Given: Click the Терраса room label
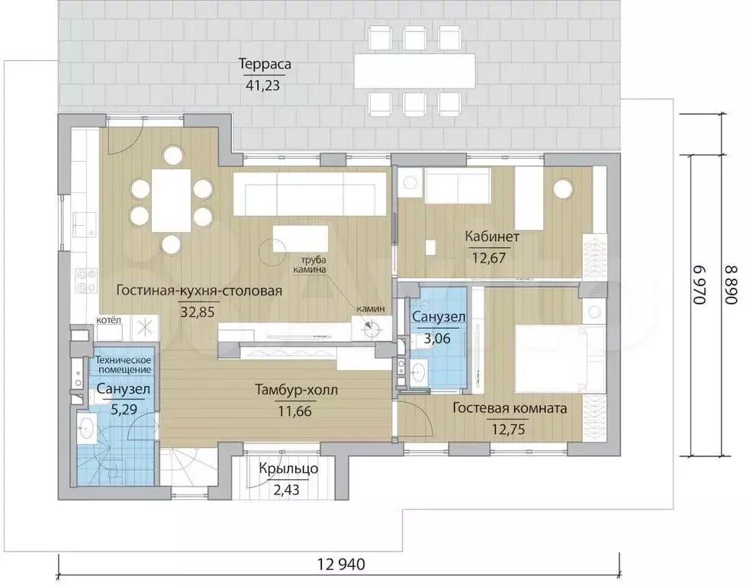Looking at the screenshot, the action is [x=265, y=64].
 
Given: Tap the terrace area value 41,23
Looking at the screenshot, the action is [x=262, y=85].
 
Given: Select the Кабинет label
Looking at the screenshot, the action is [x=492, y=237].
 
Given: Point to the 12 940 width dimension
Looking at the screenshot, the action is [x=341, y=565].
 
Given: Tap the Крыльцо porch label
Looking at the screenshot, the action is [x=288, y=469].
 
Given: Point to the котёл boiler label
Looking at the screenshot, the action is [x=109, y=320].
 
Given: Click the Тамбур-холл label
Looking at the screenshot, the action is [x=297, y=391].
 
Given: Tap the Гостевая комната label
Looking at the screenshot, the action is [x=510, y=408].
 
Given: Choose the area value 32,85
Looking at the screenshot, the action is [x=198, y=312].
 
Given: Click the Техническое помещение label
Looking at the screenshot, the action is [x=124, y=365].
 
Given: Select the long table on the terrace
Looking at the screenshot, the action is [x=415, y=70].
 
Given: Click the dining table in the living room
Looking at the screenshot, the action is [x=172, y=201].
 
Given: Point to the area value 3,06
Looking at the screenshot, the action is [x=437, y=339].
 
